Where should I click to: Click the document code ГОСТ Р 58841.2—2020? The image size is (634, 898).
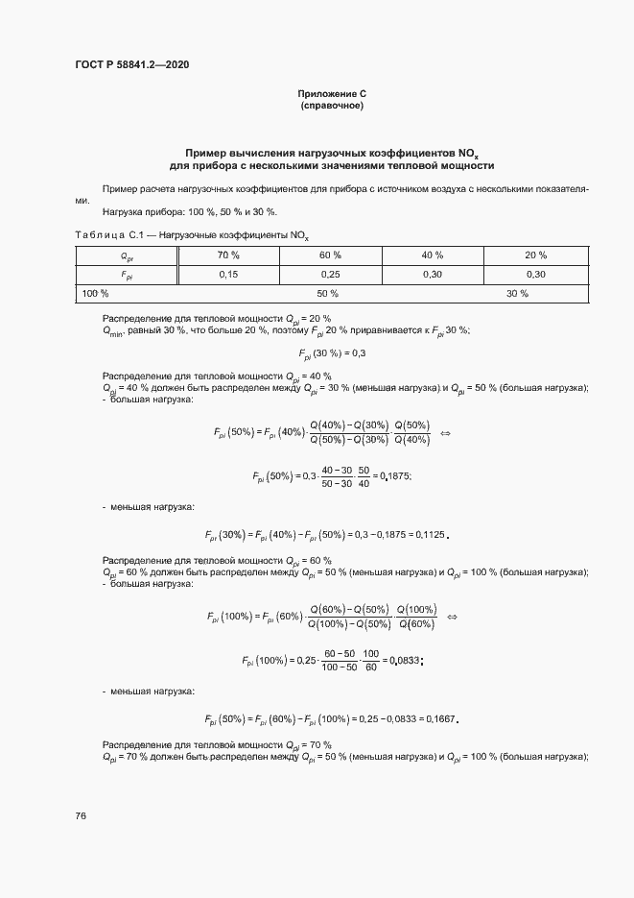click(x=138, y=65)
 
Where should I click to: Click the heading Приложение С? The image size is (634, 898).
click(x=332, y=94)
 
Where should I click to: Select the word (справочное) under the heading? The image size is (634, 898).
click(x=332, y=105)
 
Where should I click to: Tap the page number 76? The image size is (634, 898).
click(x=81, y=815)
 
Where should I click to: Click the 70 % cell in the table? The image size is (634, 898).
click(x=228, y=255)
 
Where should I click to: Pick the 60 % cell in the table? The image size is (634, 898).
click(x=330, y=255)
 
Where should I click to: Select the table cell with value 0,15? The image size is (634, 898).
click(x=228, y=274)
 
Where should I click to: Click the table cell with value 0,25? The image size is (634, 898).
click(x=330, y=274)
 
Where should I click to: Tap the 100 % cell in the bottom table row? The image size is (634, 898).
click(x=96, y=293)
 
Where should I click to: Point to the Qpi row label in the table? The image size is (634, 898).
click(x=127, y=255)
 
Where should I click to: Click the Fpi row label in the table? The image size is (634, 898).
click(x=127, y=275)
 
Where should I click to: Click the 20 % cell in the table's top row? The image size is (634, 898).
click(x=535, y=255)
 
